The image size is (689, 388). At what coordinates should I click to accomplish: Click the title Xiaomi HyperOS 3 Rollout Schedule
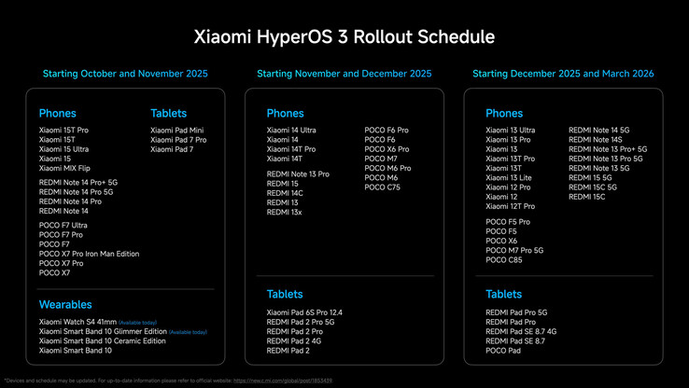[x=344, y=36]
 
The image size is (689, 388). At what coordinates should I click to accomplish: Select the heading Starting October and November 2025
[x=125, y=74]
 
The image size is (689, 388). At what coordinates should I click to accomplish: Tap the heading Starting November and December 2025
[x=344, y=74]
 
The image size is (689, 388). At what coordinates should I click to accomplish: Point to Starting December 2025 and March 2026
[x=563, y=74]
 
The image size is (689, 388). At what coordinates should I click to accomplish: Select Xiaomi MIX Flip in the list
[x=64, y=169]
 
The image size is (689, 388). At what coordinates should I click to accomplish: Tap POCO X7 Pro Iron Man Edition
[x=89, y=254]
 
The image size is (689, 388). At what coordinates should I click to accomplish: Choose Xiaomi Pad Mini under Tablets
[x=176, y=130]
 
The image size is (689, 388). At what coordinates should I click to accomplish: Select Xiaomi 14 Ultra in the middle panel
[x=291, y=130]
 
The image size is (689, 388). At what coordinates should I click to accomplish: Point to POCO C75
[x=382, y=187]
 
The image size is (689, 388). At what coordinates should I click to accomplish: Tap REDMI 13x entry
[x=285, y=213]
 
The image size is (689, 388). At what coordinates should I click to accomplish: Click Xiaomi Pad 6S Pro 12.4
[x=304, y=312]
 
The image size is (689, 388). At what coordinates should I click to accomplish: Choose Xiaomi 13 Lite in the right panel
[x=509, y=177]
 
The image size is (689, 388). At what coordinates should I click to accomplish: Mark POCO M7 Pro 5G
[x=514, y=250]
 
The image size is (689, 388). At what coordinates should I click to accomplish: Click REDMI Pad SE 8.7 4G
[x=521, y=331]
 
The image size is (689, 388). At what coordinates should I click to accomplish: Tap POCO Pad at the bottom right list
[x=504, y=351]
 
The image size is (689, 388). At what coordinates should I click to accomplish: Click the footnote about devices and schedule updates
[x=168, y=381]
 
